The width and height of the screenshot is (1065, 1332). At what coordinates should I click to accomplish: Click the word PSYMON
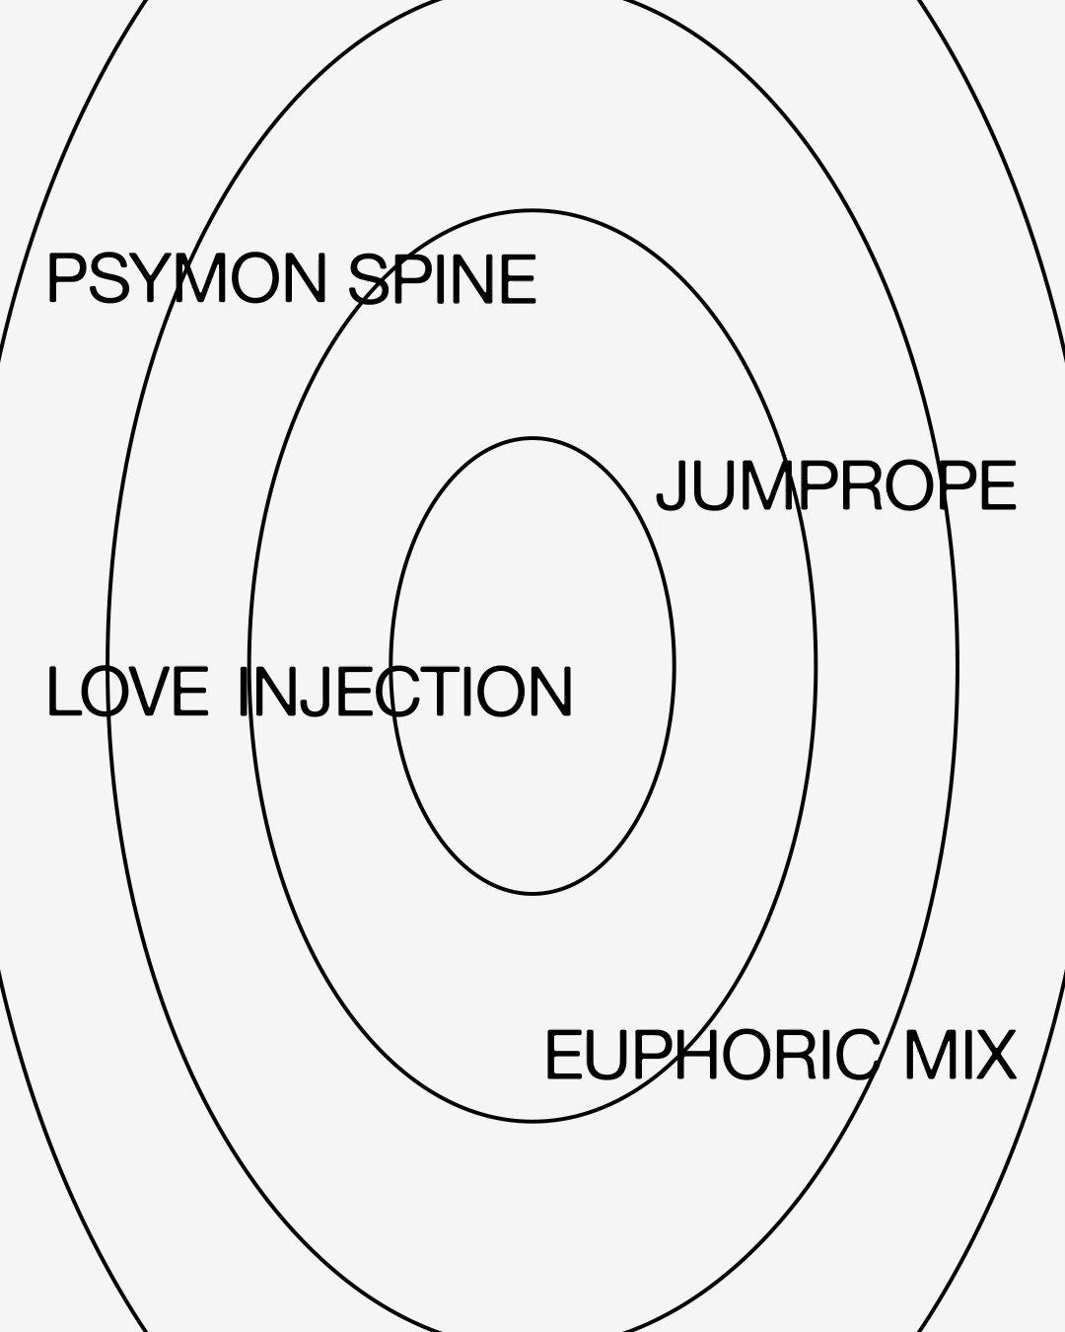pyautogui.click(x=185, y=279)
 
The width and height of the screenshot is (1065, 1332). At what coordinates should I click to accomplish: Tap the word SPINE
pyautogui.click(x=443, y=279)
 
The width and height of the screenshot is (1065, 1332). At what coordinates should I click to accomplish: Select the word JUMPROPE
pyautogui.click(x=836, y=486)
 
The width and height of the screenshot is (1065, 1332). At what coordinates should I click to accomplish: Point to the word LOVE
pyautogui.click(x=128, y=692)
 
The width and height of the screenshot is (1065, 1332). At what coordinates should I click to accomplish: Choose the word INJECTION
pyautogui.click(x=405, y=692)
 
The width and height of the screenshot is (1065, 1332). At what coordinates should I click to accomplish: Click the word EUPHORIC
pyautogui.click(x=711, y=1056)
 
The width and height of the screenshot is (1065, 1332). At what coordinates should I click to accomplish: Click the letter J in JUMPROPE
pyautogui.click(x=672, y=486)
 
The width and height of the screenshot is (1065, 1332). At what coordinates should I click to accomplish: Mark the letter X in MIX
pyautogui.click(x=996, y=1056)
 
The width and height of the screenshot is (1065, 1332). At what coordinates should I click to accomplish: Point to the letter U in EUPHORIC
pyautogui.click(x=603, y=1056)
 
